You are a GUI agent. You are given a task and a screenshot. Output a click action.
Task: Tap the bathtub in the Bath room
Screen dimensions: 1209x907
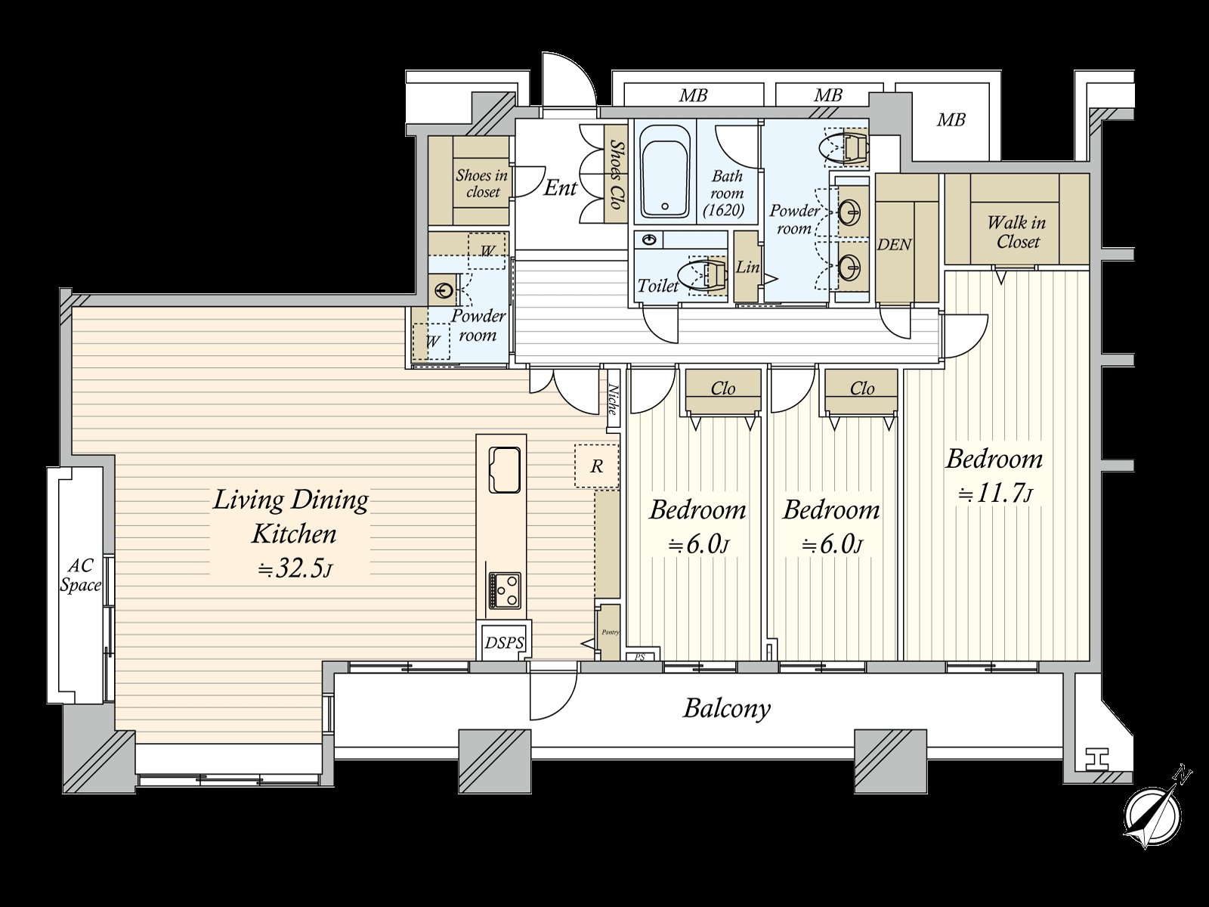tap(666, 172)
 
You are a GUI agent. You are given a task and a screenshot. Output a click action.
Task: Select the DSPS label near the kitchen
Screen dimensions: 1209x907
tap(504, 642)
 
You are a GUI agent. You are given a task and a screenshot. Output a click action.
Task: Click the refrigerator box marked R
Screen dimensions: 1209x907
tap(596, 466)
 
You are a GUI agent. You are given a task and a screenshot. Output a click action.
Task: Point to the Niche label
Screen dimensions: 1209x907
tap(613, 401)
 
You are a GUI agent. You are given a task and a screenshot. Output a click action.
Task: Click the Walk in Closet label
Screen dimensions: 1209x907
tap(1017, 232)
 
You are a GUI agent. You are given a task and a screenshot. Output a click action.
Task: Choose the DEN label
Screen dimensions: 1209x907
tap(894, 244)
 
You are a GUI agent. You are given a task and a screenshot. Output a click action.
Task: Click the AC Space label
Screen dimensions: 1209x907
tap(80, 575)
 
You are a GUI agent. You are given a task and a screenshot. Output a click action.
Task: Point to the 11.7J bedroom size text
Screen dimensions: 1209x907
tap(994, 494)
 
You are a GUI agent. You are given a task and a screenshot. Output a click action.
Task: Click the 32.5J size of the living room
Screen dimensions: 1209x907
tap(295, 569)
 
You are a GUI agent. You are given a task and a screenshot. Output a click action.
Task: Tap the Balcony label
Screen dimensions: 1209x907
tap(726, 709)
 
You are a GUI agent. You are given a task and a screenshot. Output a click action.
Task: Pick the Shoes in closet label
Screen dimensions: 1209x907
tap(481, 184)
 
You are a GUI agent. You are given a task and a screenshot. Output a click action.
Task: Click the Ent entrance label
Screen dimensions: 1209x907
tap(560, 187)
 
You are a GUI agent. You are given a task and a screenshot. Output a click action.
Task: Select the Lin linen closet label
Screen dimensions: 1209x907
tap(748, 267)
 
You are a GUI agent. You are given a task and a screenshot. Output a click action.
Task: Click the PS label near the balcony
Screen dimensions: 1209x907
tap(640, 657)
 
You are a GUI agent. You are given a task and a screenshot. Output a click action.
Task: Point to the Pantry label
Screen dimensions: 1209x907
tap(611, 632)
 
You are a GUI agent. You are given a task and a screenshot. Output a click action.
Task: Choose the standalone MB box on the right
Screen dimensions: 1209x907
tap(951, 119)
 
